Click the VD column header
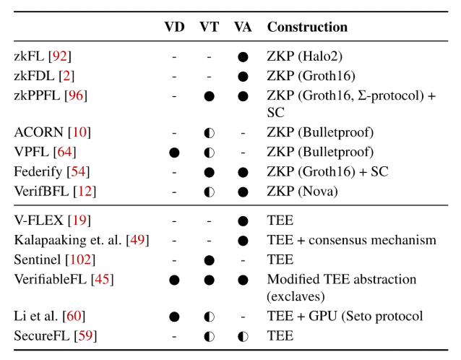[174, 27]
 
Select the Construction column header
[307, 27]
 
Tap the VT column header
[210, 27]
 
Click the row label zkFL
[28, 56]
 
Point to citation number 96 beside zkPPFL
[76, 95]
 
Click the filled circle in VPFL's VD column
[174, 153]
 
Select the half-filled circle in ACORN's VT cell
[210, 133]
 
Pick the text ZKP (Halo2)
[305, 56]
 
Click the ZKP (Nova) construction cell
[302, 192]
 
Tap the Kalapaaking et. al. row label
[68, 240]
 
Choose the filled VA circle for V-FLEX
[243, 221]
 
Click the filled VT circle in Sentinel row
[210, 260]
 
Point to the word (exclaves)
[296, 296]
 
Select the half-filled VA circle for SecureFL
[243, 336]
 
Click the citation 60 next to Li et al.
[74, 316]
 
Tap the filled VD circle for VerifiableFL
[174, 280]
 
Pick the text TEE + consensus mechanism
[352, 240]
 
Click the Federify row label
[38, 171]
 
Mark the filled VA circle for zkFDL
[243, 77]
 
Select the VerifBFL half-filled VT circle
[210, 192]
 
